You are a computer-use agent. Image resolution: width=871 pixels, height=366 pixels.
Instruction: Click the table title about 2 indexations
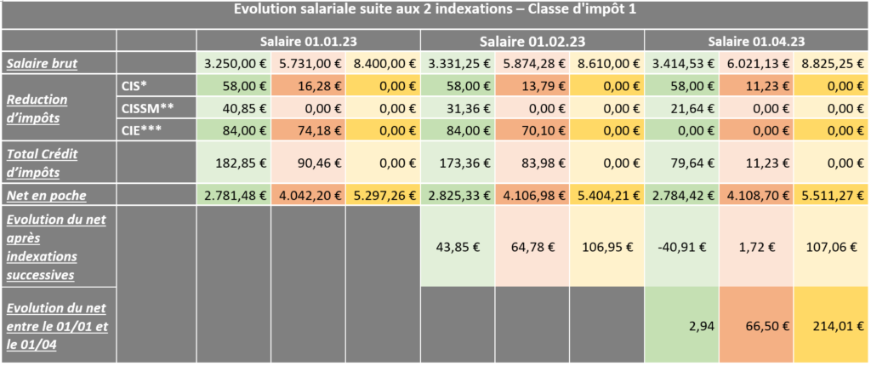click(435, 10)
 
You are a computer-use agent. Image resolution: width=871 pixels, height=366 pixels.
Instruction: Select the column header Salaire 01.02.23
click(532, 41)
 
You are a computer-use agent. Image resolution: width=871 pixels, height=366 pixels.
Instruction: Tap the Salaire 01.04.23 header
click(757, 41)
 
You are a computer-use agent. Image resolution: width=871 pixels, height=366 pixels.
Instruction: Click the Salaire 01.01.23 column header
click(309, 41)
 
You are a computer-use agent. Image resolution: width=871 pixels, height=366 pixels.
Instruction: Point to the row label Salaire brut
click(39, 63)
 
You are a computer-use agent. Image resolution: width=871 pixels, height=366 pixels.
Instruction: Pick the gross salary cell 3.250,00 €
click(234, 63)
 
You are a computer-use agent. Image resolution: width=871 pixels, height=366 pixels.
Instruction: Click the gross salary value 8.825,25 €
click(833, 63)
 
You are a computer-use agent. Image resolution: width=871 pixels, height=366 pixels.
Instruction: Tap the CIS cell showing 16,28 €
click(309, 86)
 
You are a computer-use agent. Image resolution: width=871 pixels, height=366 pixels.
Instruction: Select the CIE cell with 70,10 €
click(532, 129)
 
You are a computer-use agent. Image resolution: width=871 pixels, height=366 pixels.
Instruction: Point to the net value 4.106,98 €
click(532, 195)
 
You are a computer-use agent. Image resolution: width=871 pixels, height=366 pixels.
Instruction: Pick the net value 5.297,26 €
click(384, 195)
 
